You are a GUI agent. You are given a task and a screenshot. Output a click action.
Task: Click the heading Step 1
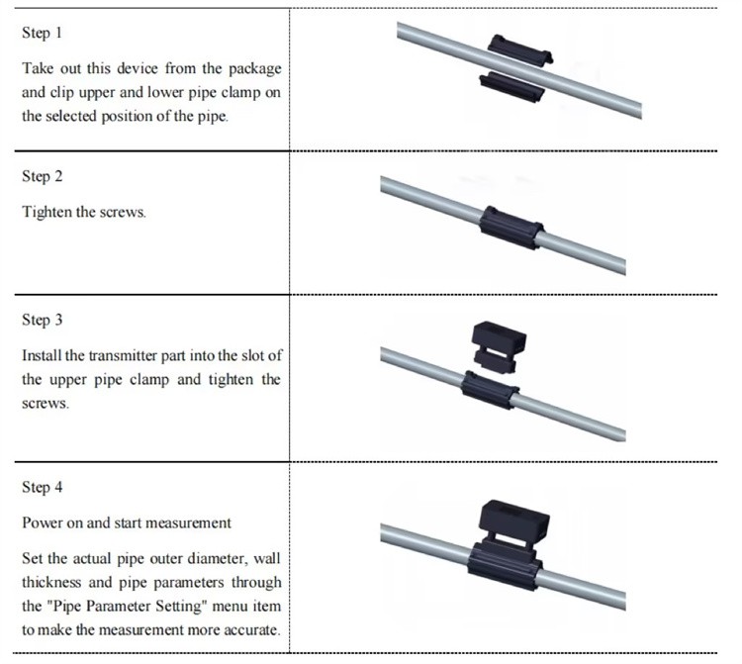pos(42,33)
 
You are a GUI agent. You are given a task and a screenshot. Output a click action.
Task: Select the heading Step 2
pos(43,176)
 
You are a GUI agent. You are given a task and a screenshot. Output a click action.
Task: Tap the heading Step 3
pos(43,320)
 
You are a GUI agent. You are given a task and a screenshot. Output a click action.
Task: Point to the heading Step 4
pos(43,487)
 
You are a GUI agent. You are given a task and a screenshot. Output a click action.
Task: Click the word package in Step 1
pos(255,69)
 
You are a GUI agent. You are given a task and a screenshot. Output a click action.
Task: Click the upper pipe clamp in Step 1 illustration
pos(520,49)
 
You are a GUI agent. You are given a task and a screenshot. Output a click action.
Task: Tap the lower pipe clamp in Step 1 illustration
pos(511,87)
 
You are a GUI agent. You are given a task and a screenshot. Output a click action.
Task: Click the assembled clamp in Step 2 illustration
pos(511,228)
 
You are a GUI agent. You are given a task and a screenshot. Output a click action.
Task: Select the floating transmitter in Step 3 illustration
pos(499,346)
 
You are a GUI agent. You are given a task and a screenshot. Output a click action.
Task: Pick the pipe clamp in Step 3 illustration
pos(490,390)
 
